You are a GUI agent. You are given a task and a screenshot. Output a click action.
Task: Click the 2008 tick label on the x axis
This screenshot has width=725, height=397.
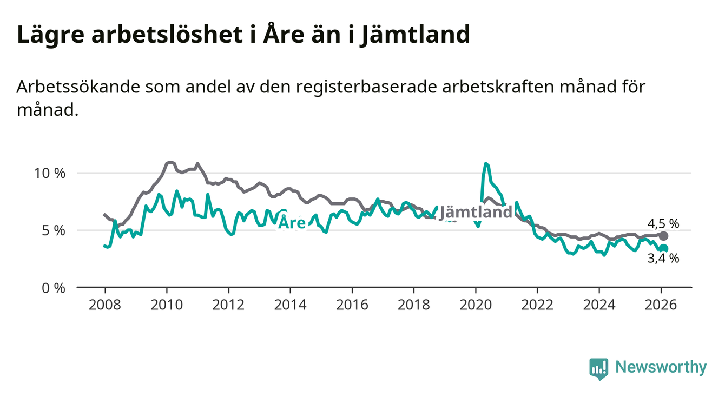tap(105, 305)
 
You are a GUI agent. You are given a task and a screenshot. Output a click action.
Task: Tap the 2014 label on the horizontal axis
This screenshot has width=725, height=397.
tap(291, 305)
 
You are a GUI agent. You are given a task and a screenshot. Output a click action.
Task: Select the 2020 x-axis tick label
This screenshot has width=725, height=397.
tap(476, 305)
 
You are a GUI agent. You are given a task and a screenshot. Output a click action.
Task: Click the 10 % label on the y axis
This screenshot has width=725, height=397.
tap(50, 174)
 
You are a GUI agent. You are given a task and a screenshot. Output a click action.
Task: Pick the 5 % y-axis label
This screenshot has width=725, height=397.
tap(54, 231)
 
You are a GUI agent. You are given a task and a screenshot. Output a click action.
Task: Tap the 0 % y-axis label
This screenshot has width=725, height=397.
tap(54, 288)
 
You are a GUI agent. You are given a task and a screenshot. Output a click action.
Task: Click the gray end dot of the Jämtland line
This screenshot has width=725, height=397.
tap(664, 236)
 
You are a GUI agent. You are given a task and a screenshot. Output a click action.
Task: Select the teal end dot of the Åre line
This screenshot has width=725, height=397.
tap(664, 248)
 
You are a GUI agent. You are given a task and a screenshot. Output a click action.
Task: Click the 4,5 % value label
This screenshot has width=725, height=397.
tap(663, 223)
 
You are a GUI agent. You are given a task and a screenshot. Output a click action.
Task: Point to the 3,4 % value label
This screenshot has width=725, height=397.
tap(663, 259)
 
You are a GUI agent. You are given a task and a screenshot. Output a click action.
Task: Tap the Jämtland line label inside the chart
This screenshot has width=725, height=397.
tap(476, 212)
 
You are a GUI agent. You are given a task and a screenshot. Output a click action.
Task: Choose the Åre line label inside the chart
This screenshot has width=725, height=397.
tap(292, 222)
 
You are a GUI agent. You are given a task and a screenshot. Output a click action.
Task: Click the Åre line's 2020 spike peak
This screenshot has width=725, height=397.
tap(486, 163)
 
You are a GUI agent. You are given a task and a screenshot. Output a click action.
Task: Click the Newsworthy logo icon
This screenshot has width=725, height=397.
tap(598, 368)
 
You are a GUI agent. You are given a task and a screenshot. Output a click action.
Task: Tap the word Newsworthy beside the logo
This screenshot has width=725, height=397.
tap(661, 368)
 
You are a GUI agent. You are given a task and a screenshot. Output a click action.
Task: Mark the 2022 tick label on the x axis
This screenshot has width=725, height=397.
tap(537, 305)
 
